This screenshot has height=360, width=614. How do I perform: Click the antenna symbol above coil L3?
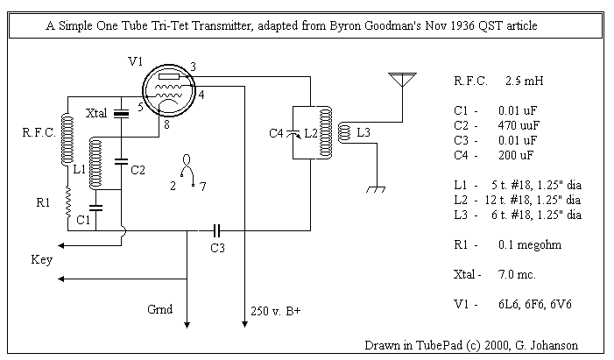pyautogui.click(x=402, y=80)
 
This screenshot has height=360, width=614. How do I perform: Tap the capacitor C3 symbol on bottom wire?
pyautogui.click(x=215, y=230)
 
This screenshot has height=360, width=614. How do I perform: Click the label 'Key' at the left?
pyautogui.click(x=41, y=260)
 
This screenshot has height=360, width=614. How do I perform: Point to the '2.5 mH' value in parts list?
pyautogui.click(x=525, y=81)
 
